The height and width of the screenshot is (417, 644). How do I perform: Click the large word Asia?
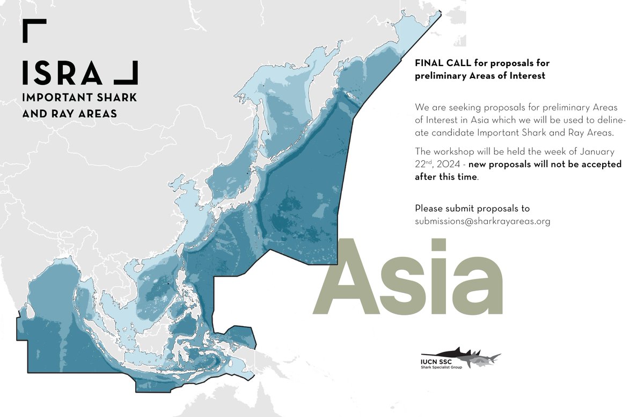click(x=408, y=277)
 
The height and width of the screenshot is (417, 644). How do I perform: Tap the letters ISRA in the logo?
click(x=62, y=73)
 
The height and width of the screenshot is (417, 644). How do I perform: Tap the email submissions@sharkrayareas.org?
click(x=482, y=221)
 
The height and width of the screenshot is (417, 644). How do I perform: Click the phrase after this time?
click(x=445, y=177)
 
